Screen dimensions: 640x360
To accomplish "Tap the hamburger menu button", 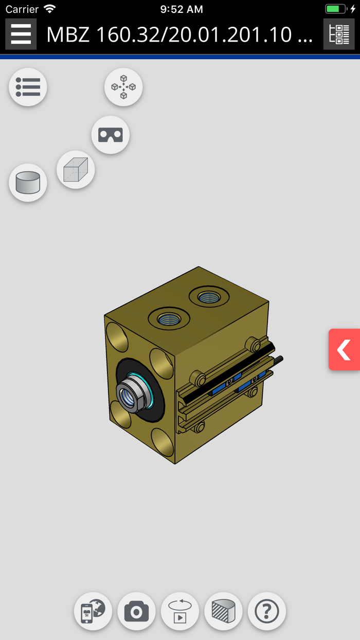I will [21, 34].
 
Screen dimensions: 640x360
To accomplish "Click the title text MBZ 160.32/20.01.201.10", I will [179, 34].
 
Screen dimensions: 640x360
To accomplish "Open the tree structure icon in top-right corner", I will [339, 34].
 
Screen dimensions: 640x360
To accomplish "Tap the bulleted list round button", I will [28, 87].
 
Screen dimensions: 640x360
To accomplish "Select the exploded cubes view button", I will [123, 87].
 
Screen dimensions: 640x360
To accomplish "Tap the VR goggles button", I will [111, 135].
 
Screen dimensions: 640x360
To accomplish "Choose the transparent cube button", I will [76, 170].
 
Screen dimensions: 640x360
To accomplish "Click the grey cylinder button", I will [28, 183].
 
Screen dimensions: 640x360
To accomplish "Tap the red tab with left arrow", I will [344, 350].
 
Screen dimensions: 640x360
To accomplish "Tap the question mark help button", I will [266, 611].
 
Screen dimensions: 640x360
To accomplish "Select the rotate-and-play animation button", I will [180, 611].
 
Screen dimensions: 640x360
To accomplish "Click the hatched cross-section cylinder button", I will [223, 611].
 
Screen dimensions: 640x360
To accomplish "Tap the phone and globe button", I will [93, 611].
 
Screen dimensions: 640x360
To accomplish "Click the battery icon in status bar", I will [336, 9].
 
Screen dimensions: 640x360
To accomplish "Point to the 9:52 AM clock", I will [182, 9].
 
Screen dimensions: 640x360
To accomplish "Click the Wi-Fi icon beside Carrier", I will [49, 9].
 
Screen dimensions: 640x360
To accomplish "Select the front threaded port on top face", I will [169, 318].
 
